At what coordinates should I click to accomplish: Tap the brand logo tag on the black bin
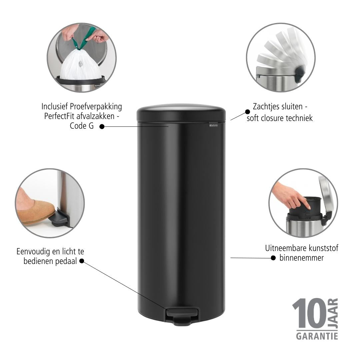(x=214, y=125)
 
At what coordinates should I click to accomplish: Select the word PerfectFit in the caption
(x=59, y=116)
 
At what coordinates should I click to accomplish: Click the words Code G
(x=82, y=126)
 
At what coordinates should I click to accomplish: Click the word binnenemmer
(x=301, y=258)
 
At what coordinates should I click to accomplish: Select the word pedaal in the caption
(x=66, y=261)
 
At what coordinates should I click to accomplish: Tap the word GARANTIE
(x=317, y=336)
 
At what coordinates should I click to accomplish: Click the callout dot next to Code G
(x=102, y=127)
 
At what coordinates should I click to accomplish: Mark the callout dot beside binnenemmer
(x=273, y=258)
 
